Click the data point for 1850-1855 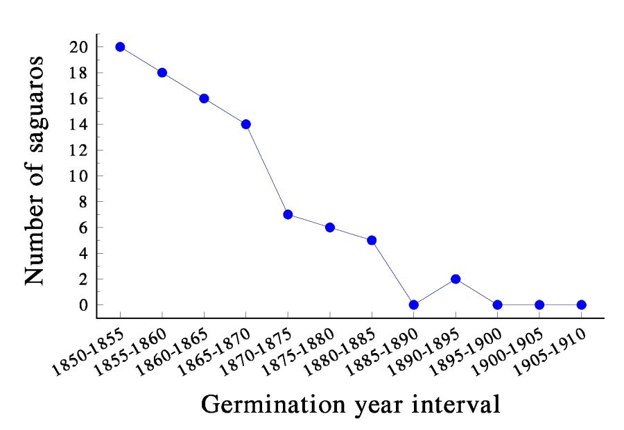click(120, 47)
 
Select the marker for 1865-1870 click(245, 124)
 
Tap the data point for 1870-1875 click(288, 214)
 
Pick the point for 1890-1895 click(456, 279)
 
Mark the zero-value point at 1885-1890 click(413, 304)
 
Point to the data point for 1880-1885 click(372, 240)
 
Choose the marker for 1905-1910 click(581, 304)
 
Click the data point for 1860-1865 click(204, 98)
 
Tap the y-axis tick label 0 click(85, 305)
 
